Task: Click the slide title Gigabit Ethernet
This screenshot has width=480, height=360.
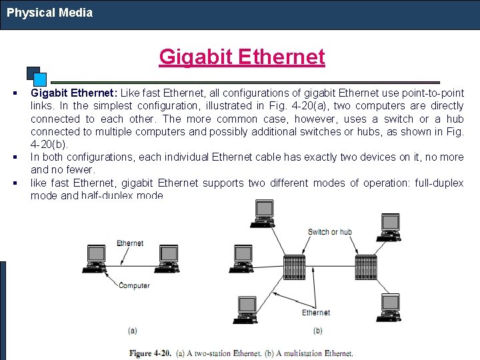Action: click(241, 57)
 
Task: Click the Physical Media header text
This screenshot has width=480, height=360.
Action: click(50, 13)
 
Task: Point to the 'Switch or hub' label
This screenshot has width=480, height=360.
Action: click(329, 232)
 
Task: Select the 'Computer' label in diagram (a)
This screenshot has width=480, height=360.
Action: click(134, 286)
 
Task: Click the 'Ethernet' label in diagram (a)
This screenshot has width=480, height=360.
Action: click(130, 243)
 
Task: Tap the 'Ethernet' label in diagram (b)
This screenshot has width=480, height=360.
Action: click(316, 312)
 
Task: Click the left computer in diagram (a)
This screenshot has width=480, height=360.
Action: click(96, 256)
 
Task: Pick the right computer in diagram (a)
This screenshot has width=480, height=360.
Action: click(168, 256)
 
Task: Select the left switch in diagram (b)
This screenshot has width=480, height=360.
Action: click(294, 267)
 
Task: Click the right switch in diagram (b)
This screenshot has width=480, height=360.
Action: click(366, 267)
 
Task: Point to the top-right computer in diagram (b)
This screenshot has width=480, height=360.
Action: click(389, 225)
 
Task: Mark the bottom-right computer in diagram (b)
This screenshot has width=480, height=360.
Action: click(389, 305)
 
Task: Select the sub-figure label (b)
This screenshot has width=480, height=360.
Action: click(317, 331)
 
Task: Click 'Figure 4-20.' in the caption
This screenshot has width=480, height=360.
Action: click(151, 353)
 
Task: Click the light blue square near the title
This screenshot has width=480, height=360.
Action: click(40, 79)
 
